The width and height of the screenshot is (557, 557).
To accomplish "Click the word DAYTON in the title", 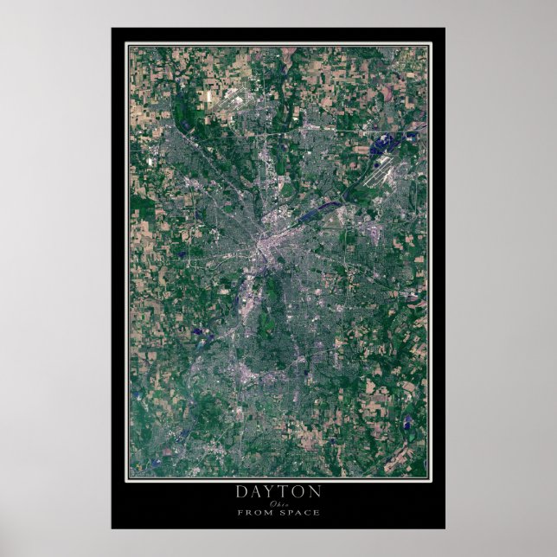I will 278,491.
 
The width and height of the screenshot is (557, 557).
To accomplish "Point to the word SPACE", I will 299,512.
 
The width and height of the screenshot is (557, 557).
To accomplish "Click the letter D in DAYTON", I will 241,491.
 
